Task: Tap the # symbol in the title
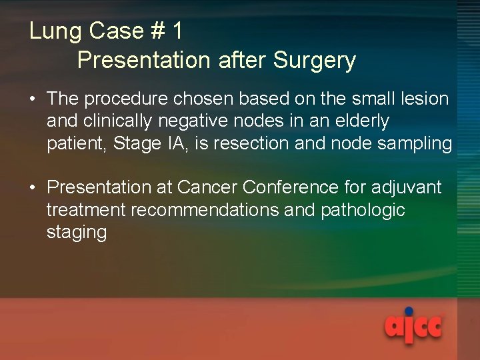pyautogui.click(x=155, y=31)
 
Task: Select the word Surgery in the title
pyautogui.click(x=314, y=61)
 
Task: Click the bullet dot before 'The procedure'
pyautogui.click(x=32, y=99)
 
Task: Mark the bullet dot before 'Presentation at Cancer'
pyautogui.click(x=32, y=188)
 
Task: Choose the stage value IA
pyautogui.click(x=173, y=143)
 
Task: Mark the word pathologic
pyautogui.click(x=363, y=210)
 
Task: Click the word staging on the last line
pyautogui.click(x=77, y=233)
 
